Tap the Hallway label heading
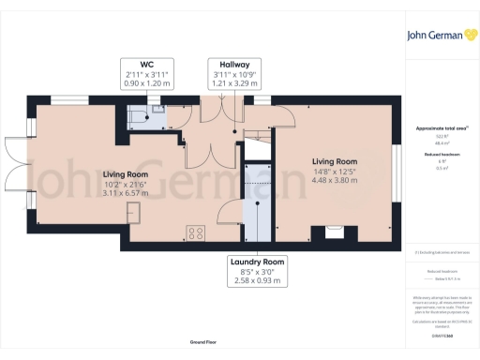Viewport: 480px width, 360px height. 228,63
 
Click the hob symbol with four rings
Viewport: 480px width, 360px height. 197,232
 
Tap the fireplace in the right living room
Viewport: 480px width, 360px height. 333,232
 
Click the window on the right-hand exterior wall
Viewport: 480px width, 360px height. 397,169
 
